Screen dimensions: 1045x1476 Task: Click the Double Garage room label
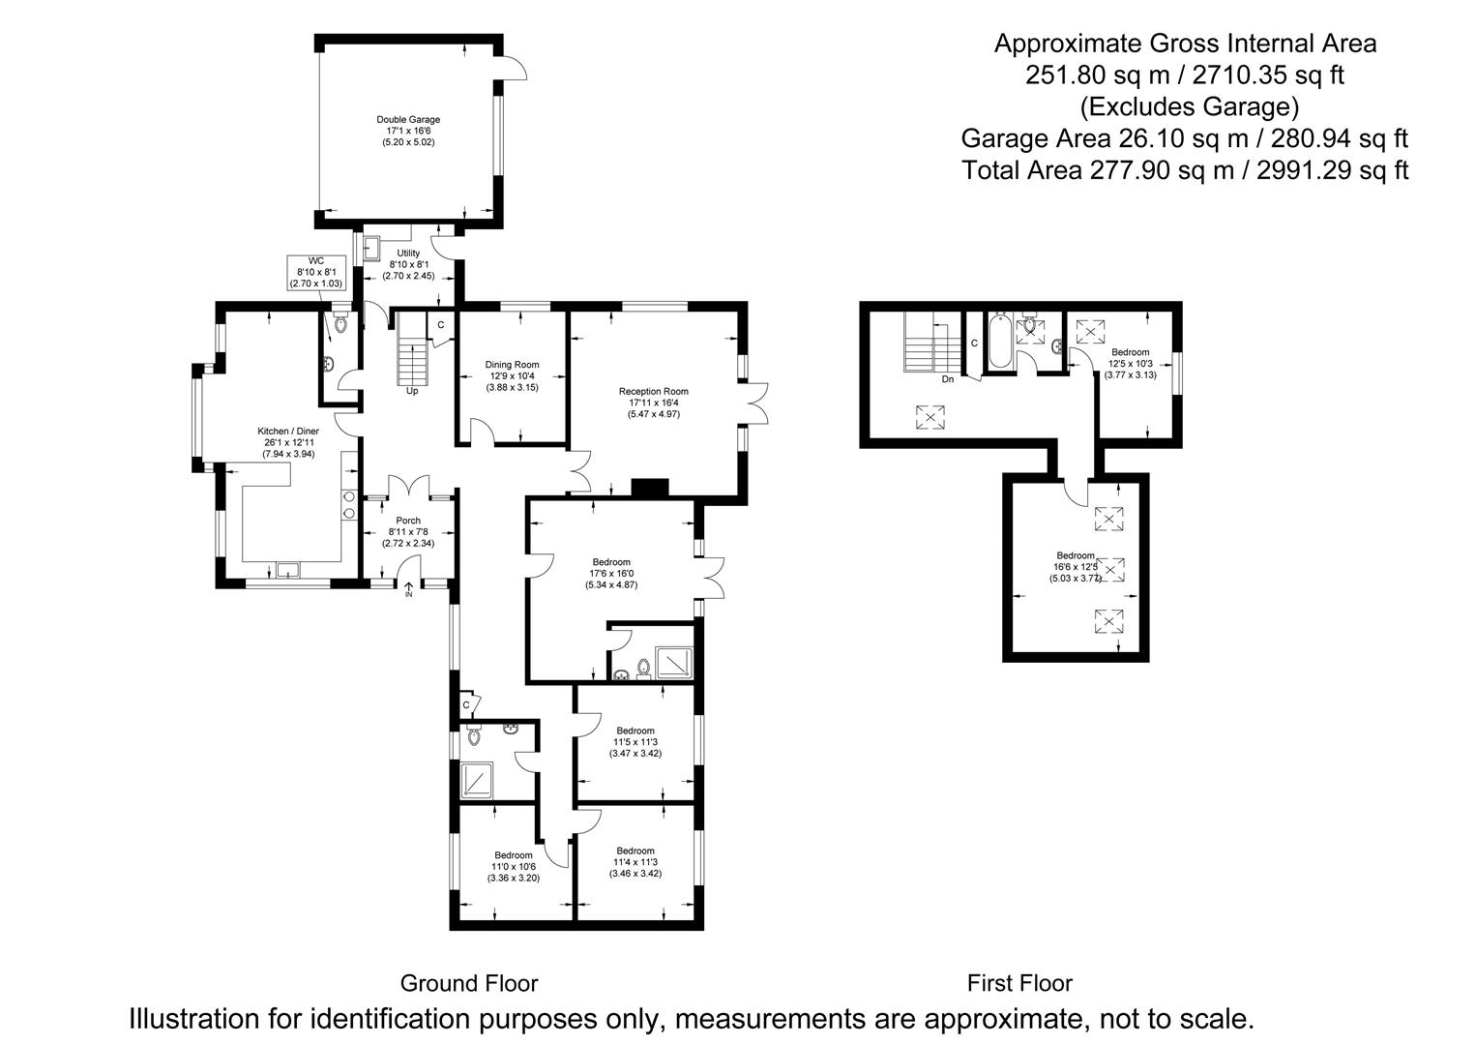408,131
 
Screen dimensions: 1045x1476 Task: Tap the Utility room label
408,264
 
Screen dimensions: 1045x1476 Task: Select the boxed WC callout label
316,272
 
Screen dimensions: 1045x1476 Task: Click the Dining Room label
512,375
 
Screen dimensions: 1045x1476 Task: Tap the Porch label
408,531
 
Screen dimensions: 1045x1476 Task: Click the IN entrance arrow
408,589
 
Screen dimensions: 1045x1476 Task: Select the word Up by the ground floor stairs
412,391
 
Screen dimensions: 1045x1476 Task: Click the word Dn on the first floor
948,379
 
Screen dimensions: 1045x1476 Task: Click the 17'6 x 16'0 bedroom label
611,573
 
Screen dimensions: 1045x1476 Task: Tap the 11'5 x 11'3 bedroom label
635,741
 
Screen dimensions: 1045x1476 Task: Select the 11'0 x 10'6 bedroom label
514,866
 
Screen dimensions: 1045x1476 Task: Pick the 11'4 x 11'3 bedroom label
635,862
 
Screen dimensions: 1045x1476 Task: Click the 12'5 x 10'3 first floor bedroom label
1130,363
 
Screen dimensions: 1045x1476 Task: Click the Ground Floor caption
469,983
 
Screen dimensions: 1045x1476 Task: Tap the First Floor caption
1019,983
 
